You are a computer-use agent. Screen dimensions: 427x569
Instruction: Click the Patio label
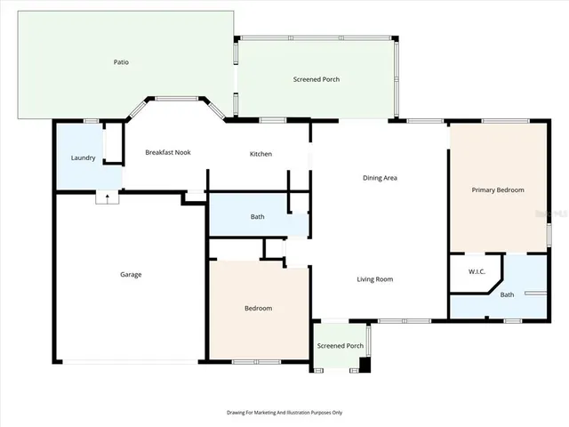(121, 62)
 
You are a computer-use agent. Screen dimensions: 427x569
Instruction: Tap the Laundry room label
(83, 158)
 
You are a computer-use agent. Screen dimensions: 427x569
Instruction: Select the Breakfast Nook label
(168, 153)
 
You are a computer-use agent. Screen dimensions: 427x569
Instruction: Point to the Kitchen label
(260, 154)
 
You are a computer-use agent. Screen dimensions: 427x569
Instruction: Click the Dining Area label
(380, 178)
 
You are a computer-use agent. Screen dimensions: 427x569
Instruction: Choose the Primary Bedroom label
(497, 189)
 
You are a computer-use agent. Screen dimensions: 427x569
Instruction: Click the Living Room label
(374, 279)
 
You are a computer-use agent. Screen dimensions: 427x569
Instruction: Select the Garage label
(131, 274)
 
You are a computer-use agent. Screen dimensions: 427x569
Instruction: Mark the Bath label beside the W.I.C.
(507, 294)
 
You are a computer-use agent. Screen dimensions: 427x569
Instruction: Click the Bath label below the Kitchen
(257, 216)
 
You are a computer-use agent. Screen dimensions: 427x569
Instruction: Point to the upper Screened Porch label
(316, 79)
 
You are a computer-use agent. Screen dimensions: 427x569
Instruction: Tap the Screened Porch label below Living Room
(341, 346)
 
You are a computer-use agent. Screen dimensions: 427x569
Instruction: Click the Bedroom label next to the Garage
(258, 308)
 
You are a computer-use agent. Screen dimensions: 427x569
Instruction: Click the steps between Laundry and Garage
(107, 198)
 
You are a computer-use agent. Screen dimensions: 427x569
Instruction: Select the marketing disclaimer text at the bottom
(284, 412)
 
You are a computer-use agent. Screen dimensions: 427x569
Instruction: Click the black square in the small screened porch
(364, 364)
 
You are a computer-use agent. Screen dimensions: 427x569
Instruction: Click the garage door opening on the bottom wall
(131, 361)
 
